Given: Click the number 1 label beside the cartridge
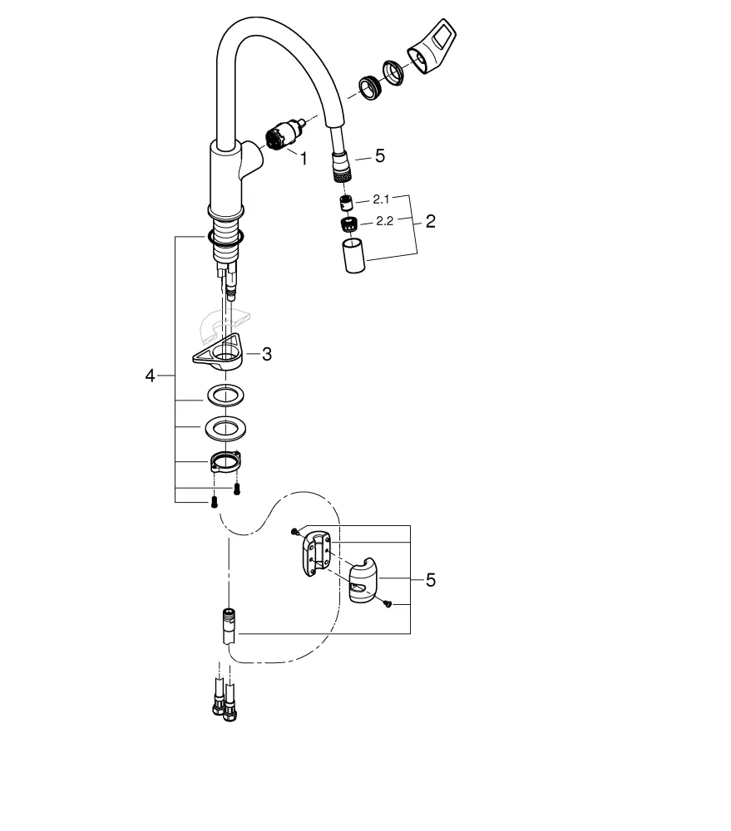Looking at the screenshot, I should [x=304, y=158].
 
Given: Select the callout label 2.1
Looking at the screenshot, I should [x=382, y=199].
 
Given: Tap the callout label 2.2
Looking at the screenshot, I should [x=383, y=221].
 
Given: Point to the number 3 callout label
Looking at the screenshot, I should [x=266, y=354].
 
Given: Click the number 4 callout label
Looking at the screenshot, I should [x=150, y=376].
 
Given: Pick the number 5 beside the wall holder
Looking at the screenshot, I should [x=430, y=580].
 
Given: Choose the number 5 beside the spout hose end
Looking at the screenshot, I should [x=380, y=155].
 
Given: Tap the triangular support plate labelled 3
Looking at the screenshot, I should [x=219, y=356].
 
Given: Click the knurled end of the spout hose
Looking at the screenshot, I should [x=339, y=170].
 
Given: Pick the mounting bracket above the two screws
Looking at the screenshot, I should [x=225, y=460].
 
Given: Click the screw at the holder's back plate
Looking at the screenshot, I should [x=295, y=531].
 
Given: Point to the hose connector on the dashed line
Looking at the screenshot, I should [x=228, y=627].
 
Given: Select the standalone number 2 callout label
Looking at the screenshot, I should [x=430, y=222].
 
